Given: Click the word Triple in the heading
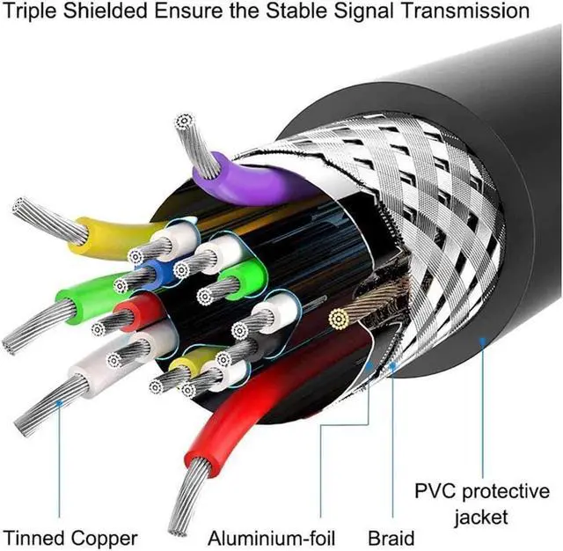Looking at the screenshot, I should (x=34, y=12).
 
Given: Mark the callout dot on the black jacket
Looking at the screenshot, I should (x=480, y=338).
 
